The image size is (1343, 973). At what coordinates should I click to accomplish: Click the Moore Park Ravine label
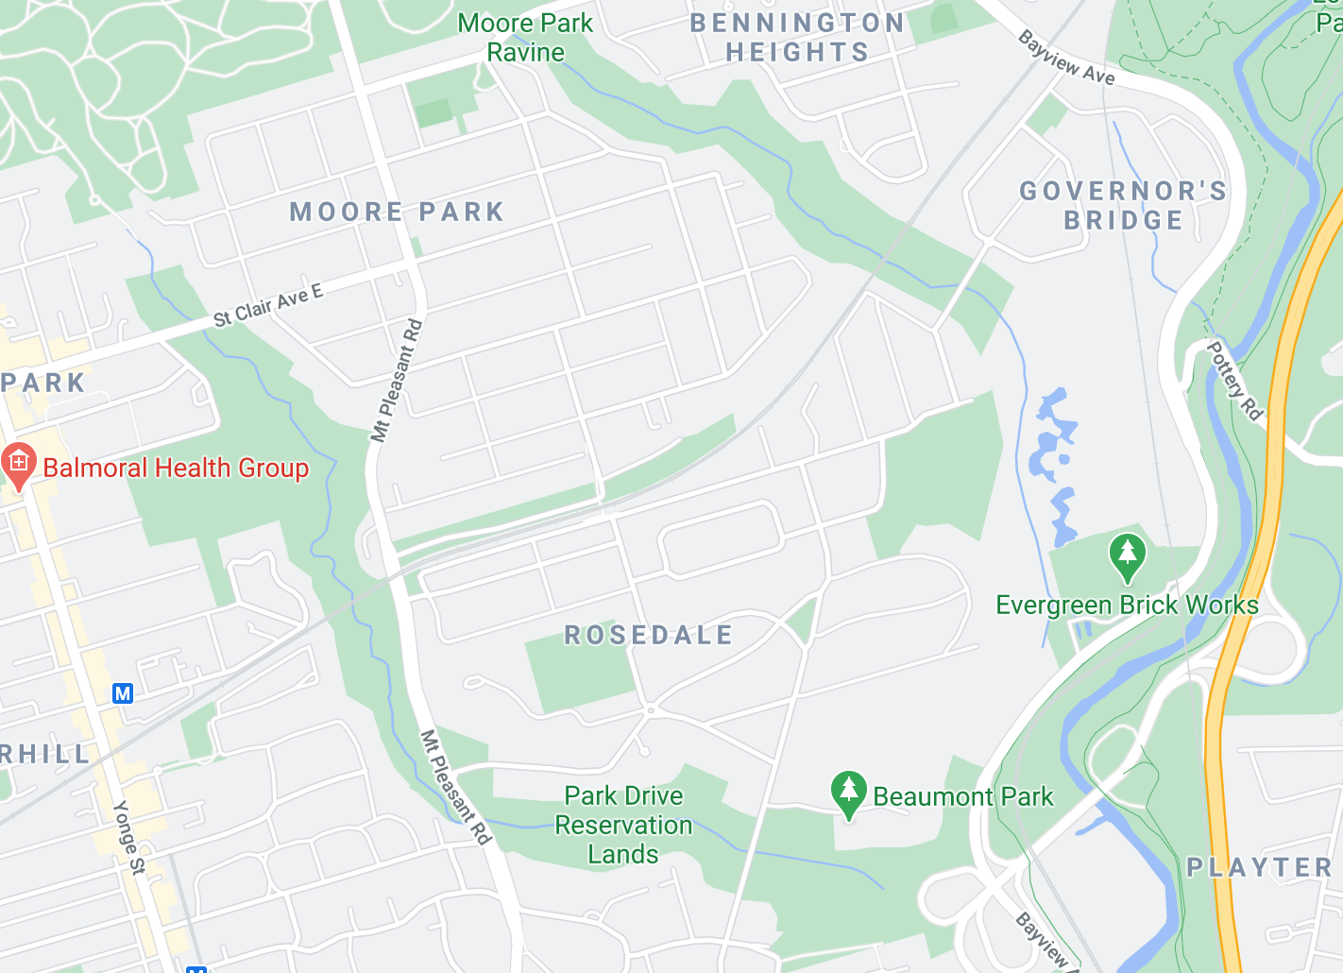[525, 38]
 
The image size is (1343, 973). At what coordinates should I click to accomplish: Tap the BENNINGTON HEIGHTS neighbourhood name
[797, 38]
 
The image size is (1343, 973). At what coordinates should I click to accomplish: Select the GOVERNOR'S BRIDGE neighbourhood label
[1123, 205]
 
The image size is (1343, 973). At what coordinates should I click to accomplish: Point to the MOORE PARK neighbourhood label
[397, 212]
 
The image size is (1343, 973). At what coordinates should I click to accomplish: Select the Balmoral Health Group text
[176, 468]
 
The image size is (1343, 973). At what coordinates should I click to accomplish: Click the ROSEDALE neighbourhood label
[649, 635]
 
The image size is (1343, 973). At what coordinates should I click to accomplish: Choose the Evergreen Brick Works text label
[1127, 605]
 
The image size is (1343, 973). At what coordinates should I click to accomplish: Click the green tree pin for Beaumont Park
[848, 794]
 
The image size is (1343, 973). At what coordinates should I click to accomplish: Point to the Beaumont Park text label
[962, 796]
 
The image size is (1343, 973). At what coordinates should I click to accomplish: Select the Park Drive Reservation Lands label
[623, 825]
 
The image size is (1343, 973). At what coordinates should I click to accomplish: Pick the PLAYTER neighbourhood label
[1259, 867]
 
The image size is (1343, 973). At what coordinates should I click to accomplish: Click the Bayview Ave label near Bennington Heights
[1066, 58]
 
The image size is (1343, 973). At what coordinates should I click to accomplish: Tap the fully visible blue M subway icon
[123, 693]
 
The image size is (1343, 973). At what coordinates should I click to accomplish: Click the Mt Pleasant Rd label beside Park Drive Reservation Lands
[456, 787]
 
